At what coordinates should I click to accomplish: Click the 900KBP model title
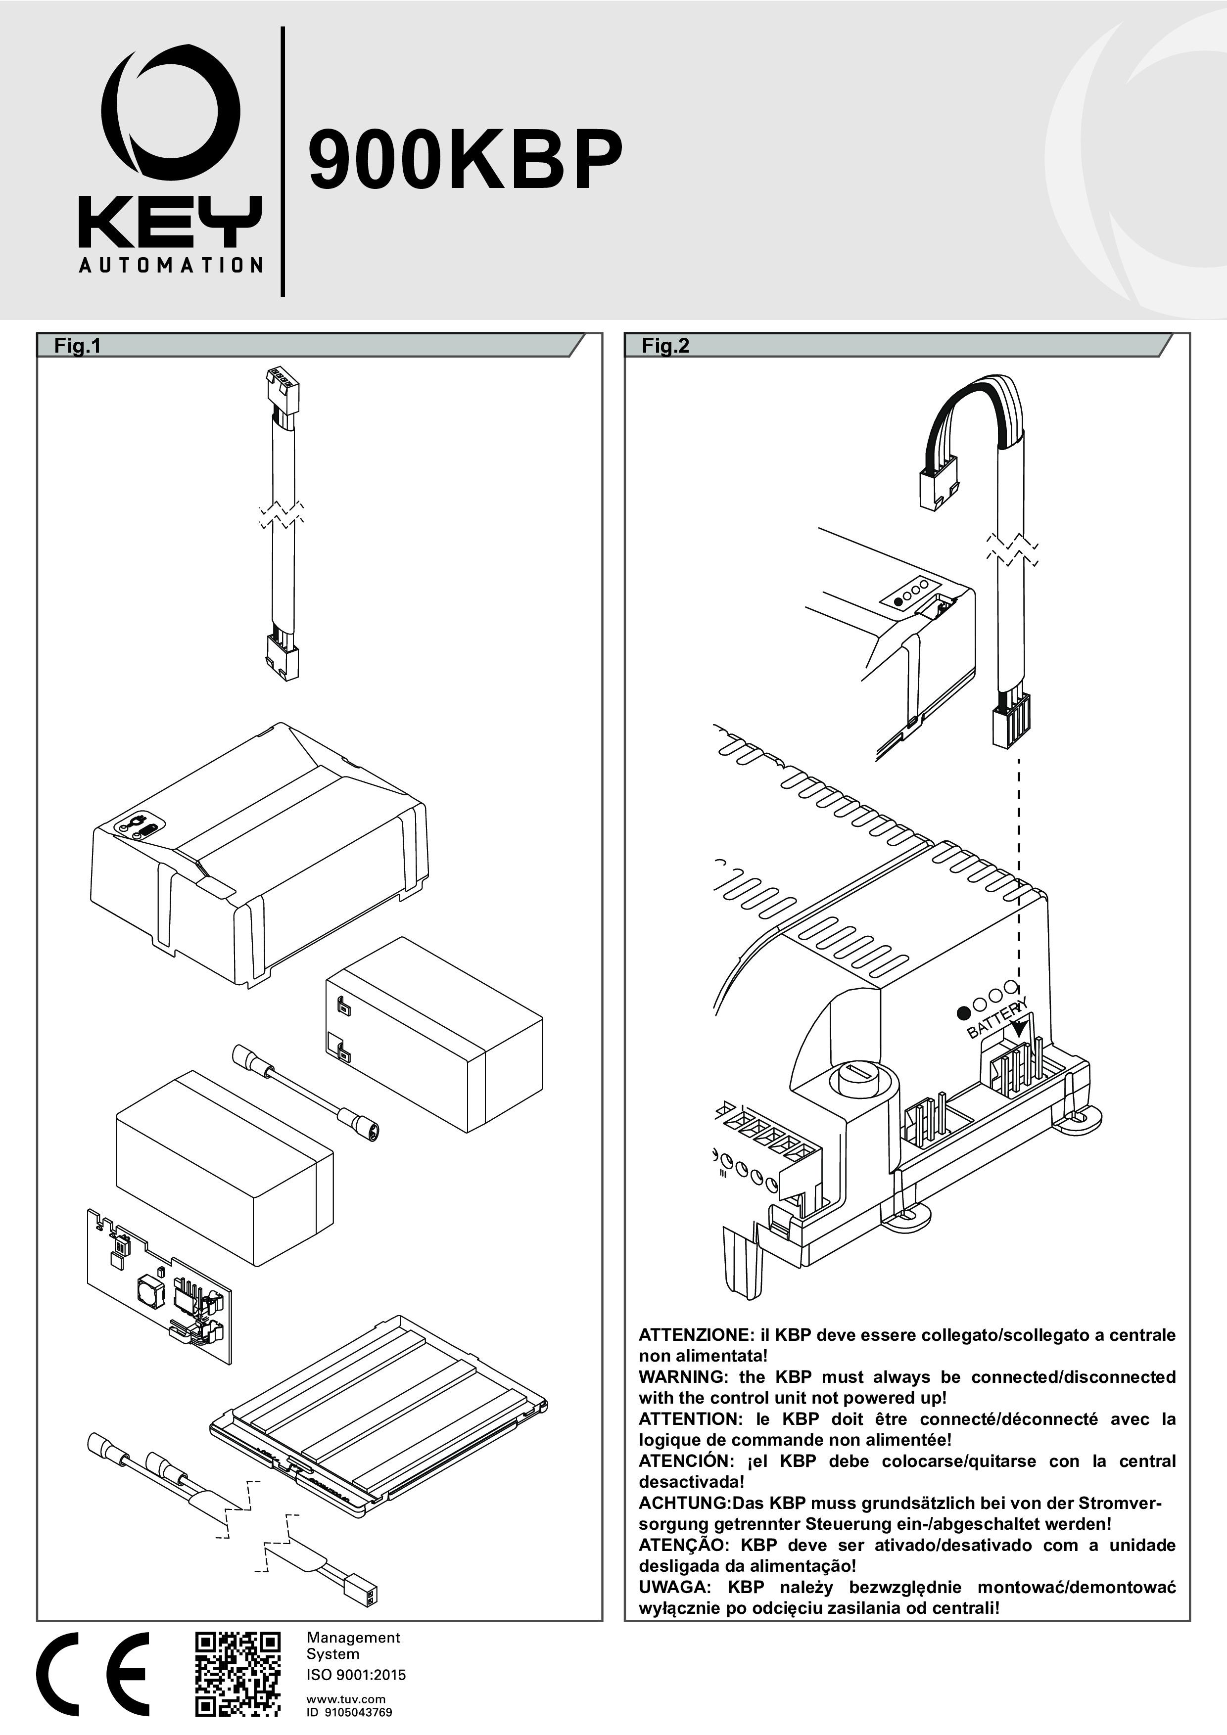tap(465, 161)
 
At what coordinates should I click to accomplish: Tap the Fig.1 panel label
tap(77, 346)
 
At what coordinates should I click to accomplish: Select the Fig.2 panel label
tap(665, 346)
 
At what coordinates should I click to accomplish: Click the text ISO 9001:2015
tap(355, 1675)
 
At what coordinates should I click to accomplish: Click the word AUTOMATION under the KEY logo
tap(171, 265)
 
